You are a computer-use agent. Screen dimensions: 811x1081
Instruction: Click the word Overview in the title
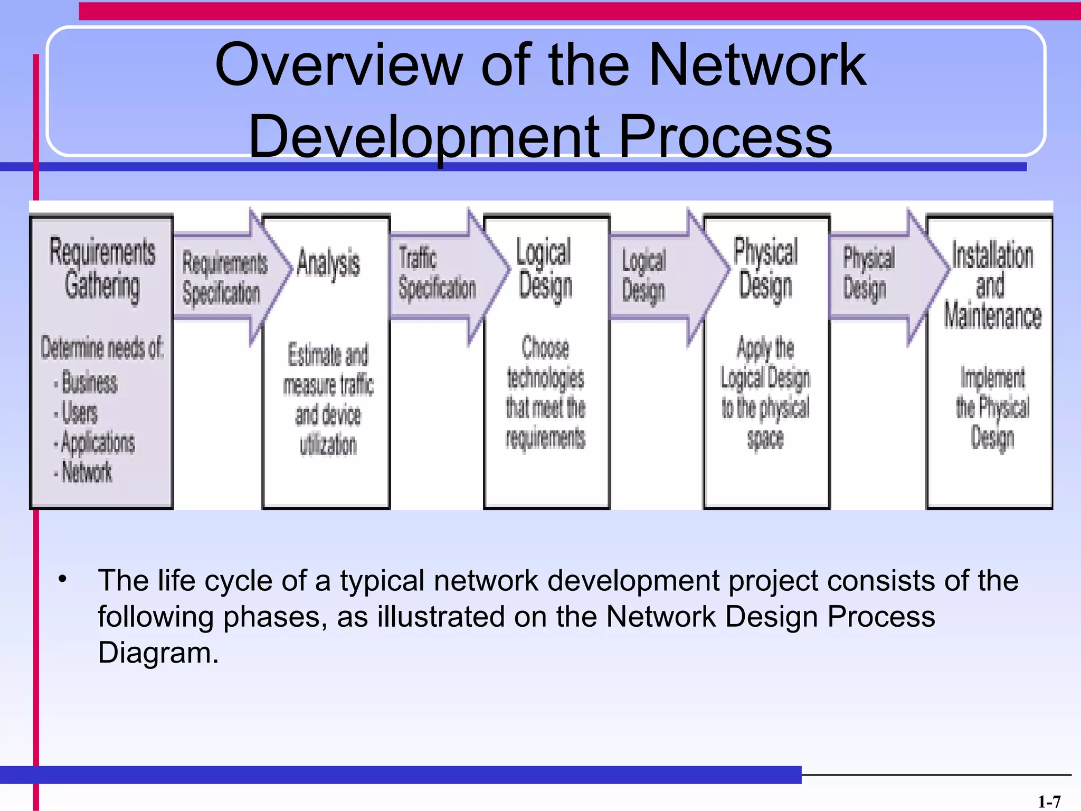pos(338,65)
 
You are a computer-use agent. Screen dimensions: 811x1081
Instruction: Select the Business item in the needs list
pos(89,382)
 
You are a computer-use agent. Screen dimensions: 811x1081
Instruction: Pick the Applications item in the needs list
pos(98,442)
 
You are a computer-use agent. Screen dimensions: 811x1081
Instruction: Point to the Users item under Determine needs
pos(79,412)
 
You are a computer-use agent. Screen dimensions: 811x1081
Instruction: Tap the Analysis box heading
pos(328,263)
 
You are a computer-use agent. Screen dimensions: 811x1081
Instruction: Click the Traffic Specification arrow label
pos(436,274)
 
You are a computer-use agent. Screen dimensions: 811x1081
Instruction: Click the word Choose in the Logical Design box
pos(545,348)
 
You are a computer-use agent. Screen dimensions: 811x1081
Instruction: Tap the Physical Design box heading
pos(765,268)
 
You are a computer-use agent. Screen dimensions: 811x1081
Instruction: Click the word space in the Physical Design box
pos(765,438)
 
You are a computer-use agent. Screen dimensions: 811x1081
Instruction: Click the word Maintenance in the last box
pos(992,316)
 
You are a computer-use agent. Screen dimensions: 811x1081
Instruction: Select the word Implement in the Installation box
pos(992,378)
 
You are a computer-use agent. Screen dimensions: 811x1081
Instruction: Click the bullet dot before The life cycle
pos(63,579)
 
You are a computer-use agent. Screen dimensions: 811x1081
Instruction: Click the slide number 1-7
pos(1049,802)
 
